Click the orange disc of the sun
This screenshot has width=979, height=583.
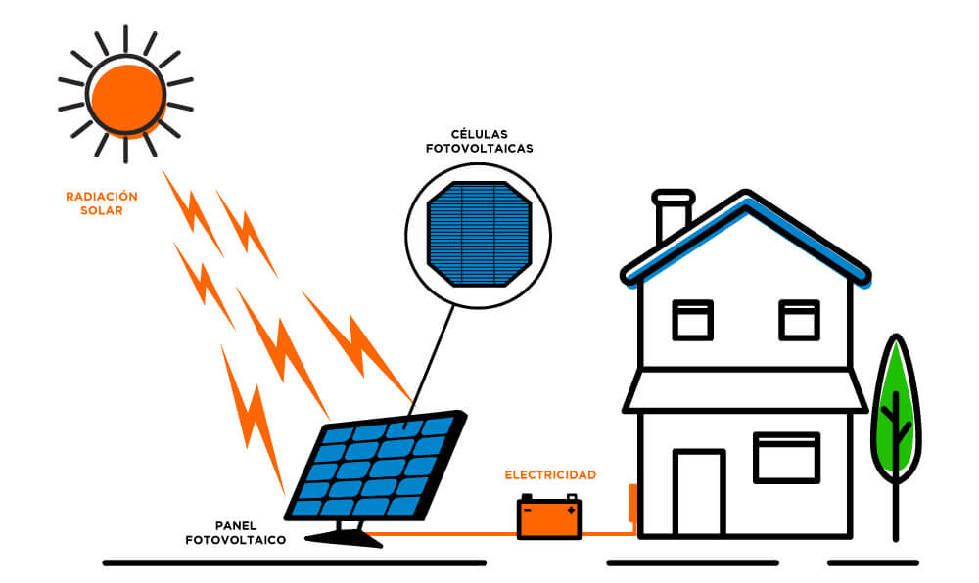point(124,95)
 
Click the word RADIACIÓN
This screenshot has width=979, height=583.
point(102,197)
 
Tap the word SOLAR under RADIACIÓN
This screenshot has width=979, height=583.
point(102,210)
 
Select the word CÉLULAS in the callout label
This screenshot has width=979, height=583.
point(479,134)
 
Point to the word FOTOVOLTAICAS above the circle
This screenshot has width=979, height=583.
point(479,149)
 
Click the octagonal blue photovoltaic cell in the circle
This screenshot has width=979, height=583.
point(479,233)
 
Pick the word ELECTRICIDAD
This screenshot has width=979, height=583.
point(550,475)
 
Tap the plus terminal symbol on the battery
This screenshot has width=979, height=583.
point(571,510)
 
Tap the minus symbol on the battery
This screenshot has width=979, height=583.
point(528,510)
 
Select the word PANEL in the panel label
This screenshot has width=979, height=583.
point(237,524)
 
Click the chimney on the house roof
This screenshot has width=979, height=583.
point(673,216)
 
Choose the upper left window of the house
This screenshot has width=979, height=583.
point(693,320)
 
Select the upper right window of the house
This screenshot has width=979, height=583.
point(799,320)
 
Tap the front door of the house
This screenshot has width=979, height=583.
point(699,493)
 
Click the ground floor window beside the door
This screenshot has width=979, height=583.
point(786,458)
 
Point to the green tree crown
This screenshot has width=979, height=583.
point(896,411)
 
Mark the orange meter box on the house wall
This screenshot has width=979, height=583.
point(632,502)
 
